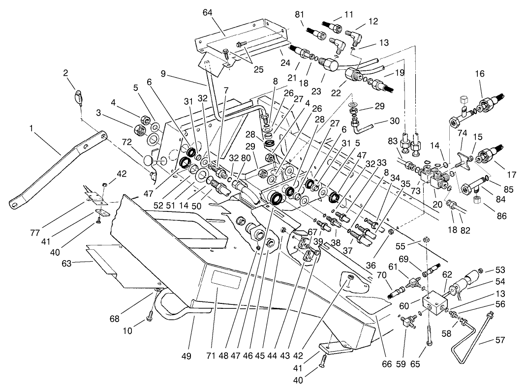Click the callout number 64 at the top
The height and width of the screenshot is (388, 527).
(x=208, y=12)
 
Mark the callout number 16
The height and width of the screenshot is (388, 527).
(x=480, y=74)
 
